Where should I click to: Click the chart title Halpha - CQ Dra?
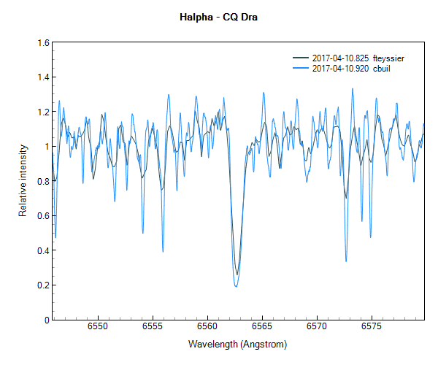click(x=218, y=17)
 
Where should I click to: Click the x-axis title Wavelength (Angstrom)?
click(x=237, y=343)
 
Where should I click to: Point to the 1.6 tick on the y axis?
click(x=42, y=42)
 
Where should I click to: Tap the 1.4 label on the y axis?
click(x=42, y=77)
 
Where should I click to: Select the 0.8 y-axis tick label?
click(x=42, y=181)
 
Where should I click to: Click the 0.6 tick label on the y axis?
click(x=42, y=216)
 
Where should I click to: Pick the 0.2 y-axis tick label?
click(x=42, y=285)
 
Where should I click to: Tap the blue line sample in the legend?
click(x=301, y=69)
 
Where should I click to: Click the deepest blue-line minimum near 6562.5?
click(x=236, y=286)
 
